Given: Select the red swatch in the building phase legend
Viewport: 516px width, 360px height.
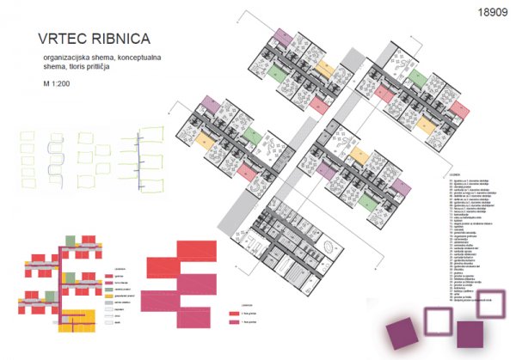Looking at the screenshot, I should (x=234, y=314).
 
